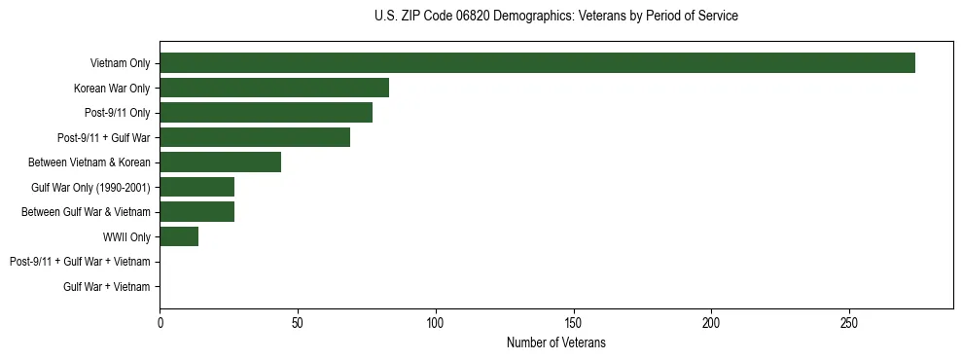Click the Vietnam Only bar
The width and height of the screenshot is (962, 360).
(x=537, y=63)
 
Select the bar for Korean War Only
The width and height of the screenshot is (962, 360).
(x=274, y=89)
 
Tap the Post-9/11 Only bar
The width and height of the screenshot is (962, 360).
(x=266, y=113)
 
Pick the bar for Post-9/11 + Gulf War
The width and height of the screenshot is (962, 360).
(x=255, y=137)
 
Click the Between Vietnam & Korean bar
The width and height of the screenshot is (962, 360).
(x=220, y=162)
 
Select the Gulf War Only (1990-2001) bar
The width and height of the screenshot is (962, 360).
(x=196, y=187)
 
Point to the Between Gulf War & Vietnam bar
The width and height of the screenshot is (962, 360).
(x=196, y=212)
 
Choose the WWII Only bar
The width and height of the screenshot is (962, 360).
(x=179, y=236)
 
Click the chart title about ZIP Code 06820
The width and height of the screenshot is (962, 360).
(x=555, y=17)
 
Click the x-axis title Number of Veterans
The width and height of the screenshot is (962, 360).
(x=555, y=342)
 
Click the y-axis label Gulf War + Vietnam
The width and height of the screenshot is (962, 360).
(x=107, y=287)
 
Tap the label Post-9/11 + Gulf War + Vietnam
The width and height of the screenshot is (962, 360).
(x=80, y=262)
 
